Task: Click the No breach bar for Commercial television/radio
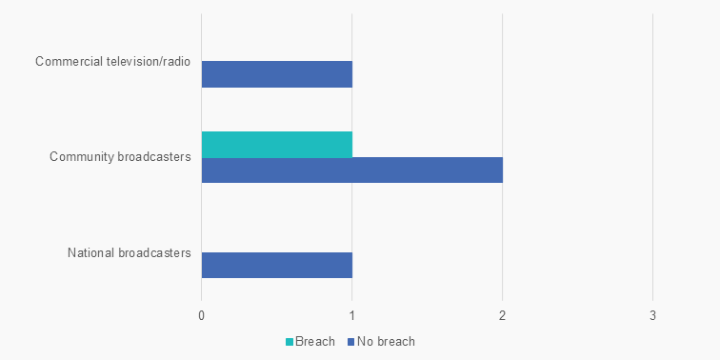tap(277, 74)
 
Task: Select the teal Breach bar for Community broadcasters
tap(277, 144)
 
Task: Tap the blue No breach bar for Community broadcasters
tap(351, 170)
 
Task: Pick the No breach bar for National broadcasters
tap(277, 265)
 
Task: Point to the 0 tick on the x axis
tap(202, 314)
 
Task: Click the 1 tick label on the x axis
tap(352, 314)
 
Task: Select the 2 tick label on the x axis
tap(502, 314)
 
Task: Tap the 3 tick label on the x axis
tap(652, 314)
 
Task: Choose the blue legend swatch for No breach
tap(350, 341)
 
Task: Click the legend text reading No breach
tap(386, 341)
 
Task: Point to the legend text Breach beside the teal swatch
tap(315, 341)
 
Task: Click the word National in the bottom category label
tap(90, 252)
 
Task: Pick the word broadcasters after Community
tap(154, 157)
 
